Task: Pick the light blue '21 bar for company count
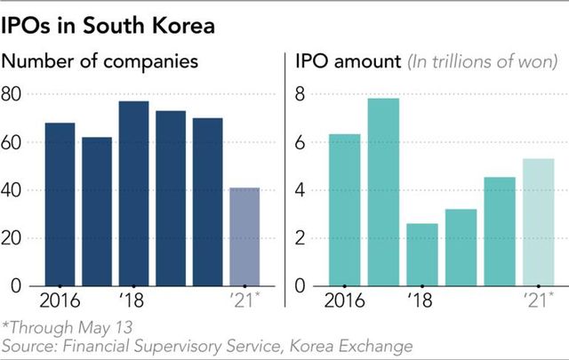(x=244, y=236)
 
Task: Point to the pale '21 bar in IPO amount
(x=537, y=221)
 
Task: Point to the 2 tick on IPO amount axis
(x=301, y=238)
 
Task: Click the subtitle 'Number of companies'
(x=101, y=63)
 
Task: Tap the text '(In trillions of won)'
(x=482, y=64)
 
